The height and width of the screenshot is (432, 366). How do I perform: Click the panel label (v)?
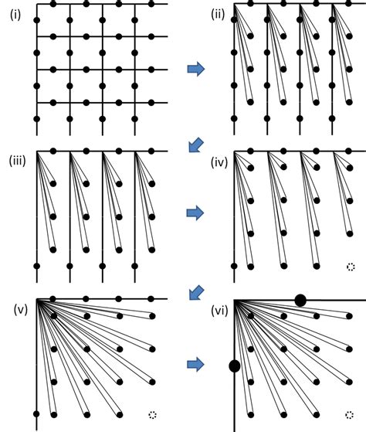click(21, 311)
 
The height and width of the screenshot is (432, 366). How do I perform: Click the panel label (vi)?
click(219, 311)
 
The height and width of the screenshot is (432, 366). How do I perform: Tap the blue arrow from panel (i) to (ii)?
click(197, 70)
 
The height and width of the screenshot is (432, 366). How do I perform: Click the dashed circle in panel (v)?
click(152, 415)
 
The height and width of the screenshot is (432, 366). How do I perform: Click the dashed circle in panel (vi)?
click(351, 415)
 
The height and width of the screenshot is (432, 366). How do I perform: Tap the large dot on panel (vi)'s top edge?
click(300, 299)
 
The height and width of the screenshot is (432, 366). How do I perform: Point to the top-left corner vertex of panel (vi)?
click(234, 299)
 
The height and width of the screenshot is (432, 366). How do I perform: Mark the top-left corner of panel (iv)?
click(234, 151)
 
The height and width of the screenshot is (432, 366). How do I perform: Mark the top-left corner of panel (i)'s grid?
click(36, 4)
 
